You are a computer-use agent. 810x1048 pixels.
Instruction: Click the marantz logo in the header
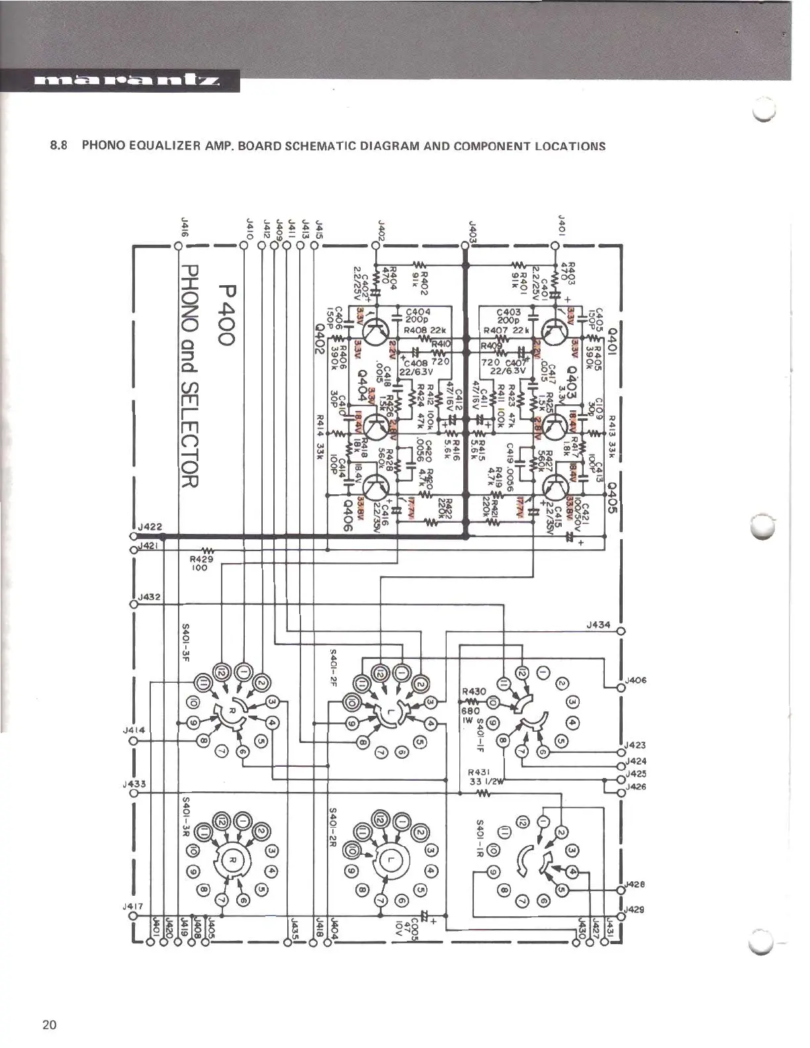pos(126,83)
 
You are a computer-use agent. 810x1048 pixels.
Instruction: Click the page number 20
pos(49,1025)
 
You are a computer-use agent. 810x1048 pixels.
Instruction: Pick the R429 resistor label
pos(199,559)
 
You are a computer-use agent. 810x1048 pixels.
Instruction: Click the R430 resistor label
pos(474,691)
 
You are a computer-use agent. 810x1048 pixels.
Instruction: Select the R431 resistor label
pos(477,772)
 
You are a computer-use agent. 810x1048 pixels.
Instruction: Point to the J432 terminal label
pos(150,597)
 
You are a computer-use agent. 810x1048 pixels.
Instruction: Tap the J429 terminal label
pos(635,909)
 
